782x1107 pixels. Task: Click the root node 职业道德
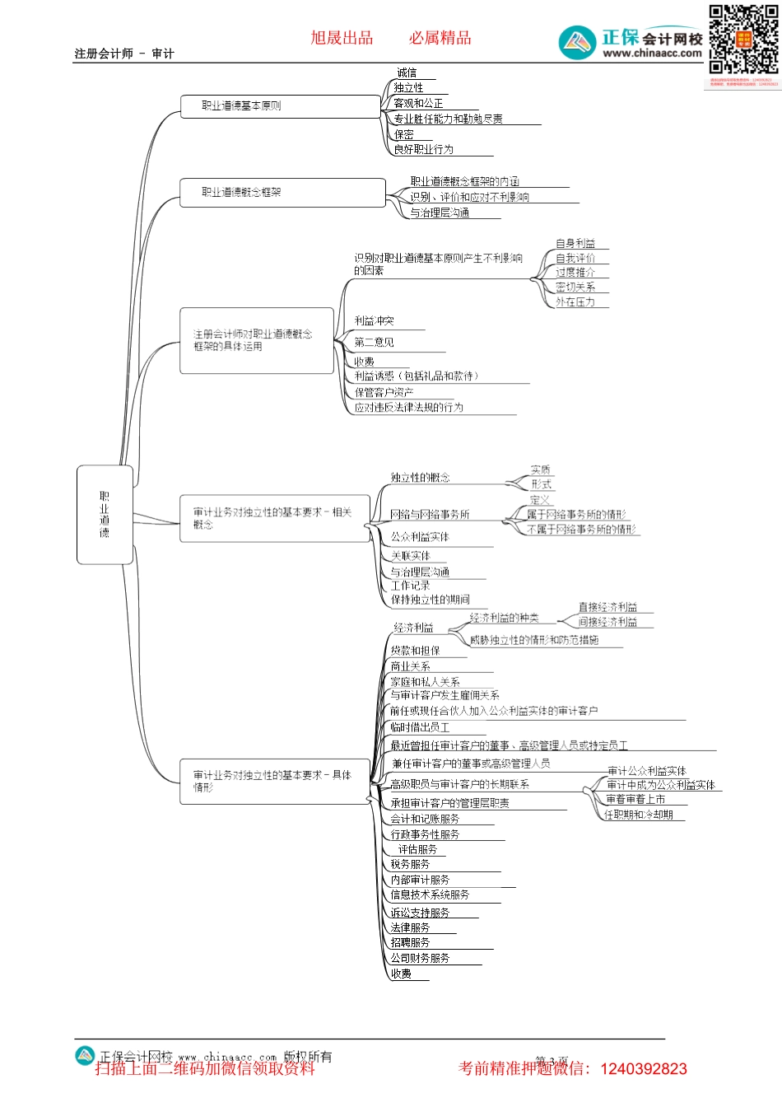[105, 515]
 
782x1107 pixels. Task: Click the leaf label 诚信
[407, 73]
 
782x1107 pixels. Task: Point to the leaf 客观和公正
[418, 104]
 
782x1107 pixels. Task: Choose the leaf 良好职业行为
[423, 150]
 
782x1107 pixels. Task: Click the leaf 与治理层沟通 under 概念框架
[440, 213]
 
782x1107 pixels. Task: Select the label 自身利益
[575, 244]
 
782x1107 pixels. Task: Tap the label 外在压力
[575, 302]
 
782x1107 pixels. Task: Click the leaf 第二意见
[374, 343]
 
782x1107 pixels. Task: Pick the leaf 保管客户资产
[384, 393]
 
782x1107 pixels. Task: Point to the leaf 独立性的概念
[420, 478]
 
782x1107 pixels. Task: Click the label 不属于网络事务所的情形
[581, 530]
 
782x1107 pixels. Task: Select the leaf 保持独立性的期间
[430, 600]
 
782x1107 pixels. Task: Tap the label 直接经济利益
[607, 607]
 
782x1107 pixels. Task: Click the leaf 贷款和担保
[415, 651]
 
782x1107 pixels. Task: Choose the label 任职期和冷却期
[639, 815]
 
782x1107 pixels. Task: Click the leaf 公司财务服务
[420, 959]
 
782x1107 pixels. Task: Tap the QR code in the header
[743, 40]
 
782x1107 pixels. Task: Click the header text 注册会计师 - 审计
[124, 54]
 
